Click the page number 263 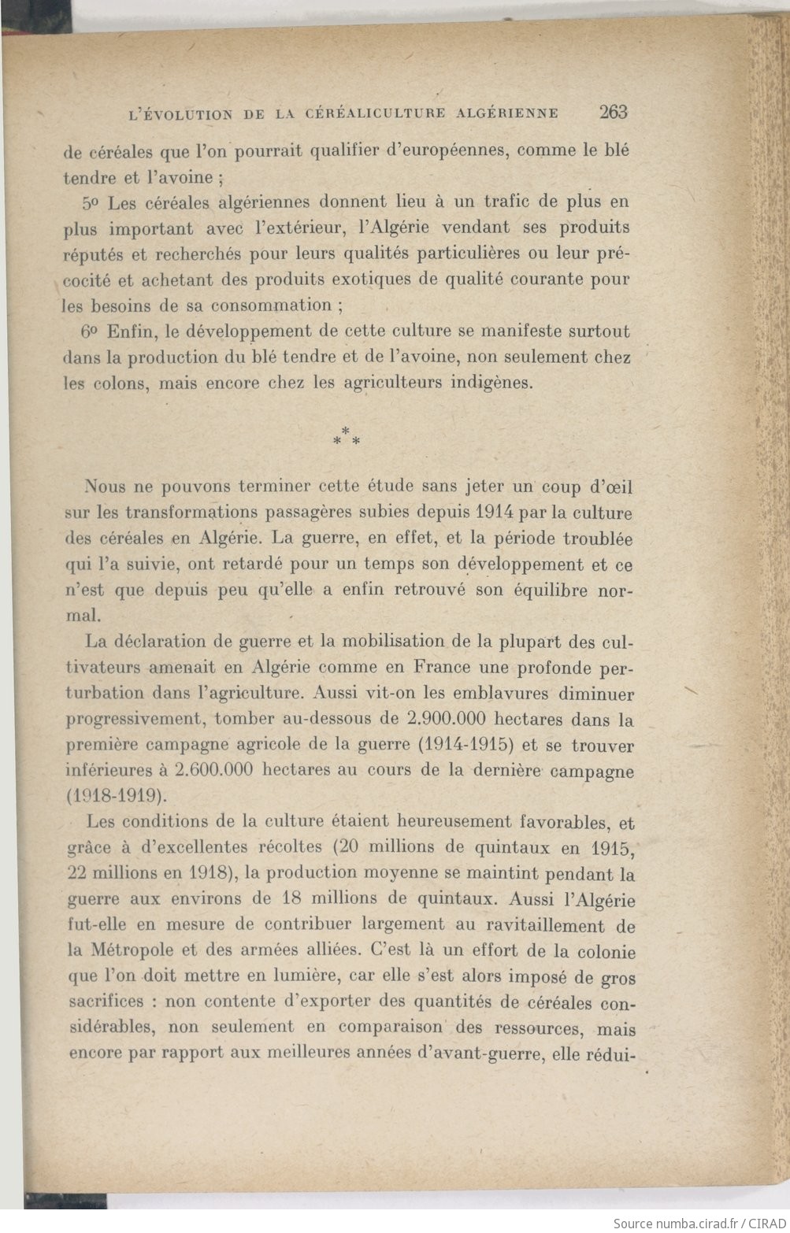pos(613,112)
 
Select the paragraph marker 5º pos(91,202)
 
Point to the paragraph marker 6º pos(91,331)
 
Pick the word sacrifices pos(106,1002)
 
